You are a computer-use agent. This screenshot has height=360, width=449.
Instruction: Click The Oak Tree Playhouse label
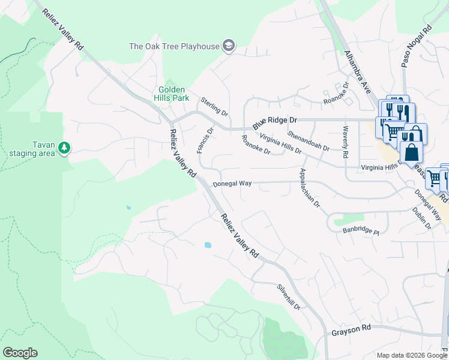pyautogui.click(x=173, y=46)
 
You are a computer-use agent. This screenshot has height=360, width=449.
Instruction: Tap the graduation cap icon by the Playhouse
pyautogui.click(x=228, y=46)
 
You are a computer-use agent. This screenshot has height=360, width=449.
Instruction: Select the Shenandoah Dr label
pyautogui.click(x=309, y=140)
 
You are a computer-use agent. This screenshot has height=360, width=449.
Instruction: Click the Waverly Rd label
pyautogui.click(x=345, y=142)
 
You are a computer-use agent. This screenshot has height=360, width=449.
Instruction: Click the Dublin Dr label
pyautogui.click(x=422, y=218)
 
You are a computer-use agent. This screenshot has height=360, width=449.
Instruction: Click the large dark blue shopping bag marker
pyautogui.click(x=412, y=151)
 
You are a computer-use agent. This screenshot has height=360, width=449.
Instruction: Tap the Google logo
pyautogui.click(x=20, y=353)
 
